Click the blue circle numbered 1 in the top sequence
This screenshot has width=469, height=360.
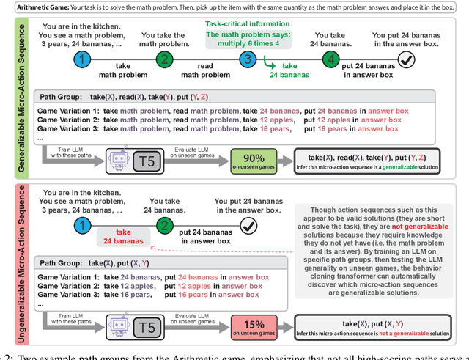[86, 60]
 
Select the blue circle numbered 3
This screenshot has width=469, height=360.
[248, 60]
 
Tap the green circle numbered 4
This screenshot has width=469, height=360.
[331, 60]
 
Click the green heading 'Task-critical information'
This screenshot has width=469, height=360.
[247, 24]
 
